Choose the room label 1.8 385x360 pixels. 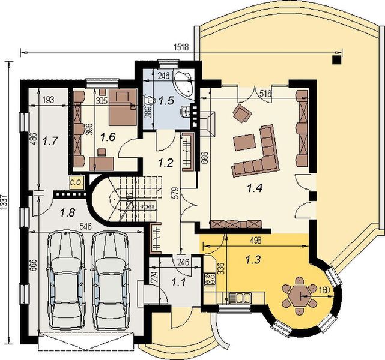[x=68, y=211]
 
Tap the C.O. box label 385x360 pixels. [x=76, y=181]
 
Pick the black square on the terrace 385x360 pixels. [x=337, y=59]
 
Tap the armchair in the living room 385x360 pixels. [x=242, y=112]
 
